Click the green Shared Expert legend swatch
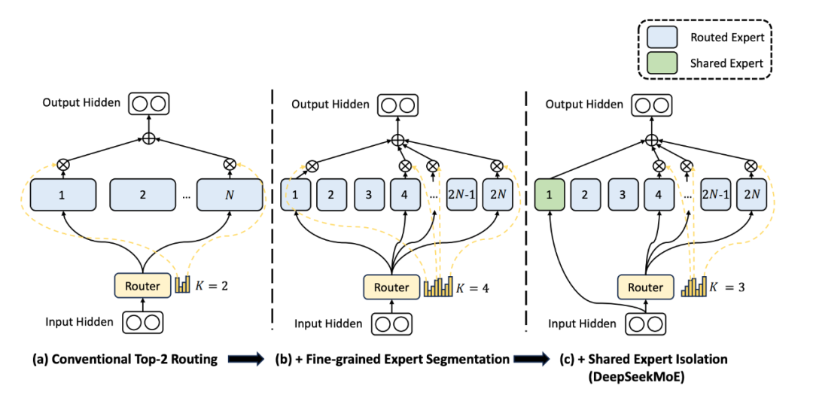click(667, 63)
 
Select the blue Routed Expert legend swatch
click(667, 36)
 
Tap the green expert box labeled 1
click(549, 194)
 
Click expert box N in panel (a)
click(229, 194)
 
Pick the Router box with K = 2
click(142, 285)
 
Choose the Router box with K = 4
click(391, 287)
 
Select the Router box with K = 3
click(645, 287)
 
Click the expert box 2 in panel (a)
click(143, 194)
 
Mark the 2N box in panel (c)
click(751, 194)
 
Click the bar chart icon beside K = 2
click(183, 284)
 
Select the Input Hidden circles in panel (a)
click(143, 322)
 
